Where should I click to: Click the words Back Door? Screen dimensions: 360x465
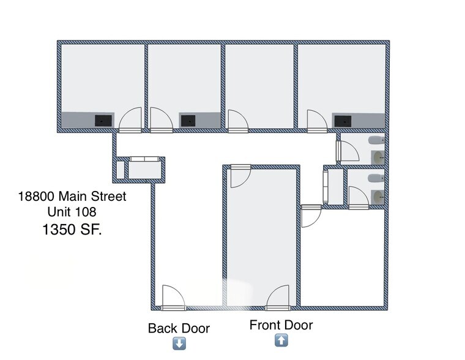coord(179,329)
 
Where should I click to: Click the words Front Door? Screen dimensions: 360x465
coord(281,325)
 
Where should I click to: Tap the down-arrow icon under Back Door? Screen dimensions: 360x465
coord(179,343)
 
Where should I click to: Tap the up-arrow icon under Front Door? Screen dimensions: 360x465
coord(281,340)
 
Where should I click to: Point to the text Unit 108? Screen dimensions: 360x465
coord(72,212)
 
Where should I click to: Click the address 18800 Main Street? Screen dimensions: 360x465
coord(72,197)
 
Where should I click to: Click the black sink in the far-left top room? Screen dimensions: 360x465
coord(103,121)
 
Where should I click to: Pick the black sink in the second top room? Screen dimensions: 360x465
coord(188,120)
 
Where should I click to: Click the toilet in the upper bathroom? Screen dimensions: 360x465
coord(374,141)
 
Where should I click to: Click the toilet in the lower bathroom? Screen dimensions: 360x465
coord(374,178)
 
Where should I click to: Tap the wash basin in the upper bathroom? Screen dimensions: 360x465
coord(379,157)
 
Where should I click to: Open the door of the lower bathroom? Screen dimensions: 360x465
coord(356,195)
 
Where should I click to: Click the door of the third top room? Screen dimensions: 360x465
coord(237,121)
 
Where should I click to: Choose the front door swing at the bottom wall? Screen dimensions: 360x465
coord(278,298)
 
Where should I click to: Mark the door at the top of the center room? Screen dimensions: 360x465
coord(239,178)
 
